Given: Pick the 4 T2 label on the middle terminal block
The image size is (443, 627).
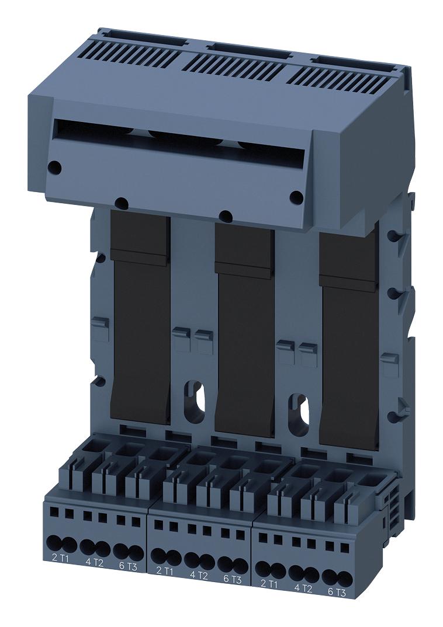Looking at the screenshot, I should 199,575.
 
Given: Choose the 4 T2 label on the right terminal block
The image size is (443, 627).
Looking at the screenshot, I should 304,588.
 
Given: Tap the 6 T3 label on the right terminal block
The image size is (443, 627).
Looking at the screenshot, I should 338,593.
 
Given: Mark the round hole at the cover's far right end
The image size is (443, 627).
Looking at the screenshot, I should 296,197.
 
